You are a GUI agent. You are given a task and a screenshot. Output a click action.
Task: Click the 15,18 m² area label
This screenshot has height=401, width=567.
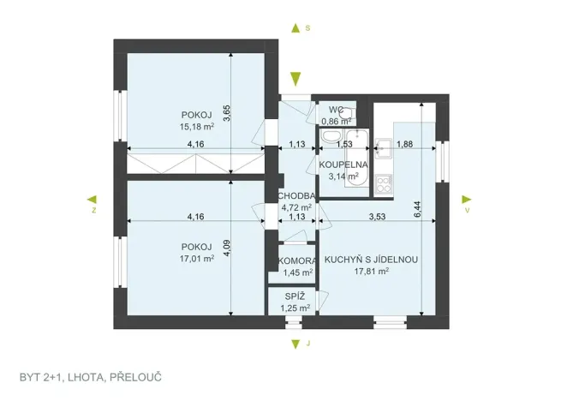click(196, 127)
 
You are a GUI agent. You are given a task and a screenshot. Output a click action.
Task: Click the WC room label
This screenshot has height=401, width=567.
click(335, 110)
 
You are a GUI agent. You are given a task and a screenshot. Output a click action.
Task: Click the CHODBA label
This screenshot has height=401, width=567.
click(297, 196)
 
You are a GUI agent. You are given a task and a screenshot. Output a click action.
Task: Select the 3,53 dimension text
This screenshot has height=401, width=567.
click(376, 217)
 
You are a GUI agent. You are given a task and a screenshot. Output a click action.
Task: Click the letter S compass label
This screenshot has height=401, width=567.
click(307, 28)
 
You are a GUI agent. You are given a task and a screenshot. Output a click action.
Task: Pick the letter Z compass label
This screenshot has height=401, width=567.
click(94, 208)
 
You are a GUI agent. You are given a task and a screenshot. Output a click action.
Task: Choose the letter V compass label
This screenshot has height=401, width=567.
click(468, 208)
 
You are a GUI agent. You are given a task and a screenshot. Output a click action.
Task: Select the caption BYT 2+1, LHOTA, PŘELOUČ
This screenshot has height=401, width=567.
click(91, 377)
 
